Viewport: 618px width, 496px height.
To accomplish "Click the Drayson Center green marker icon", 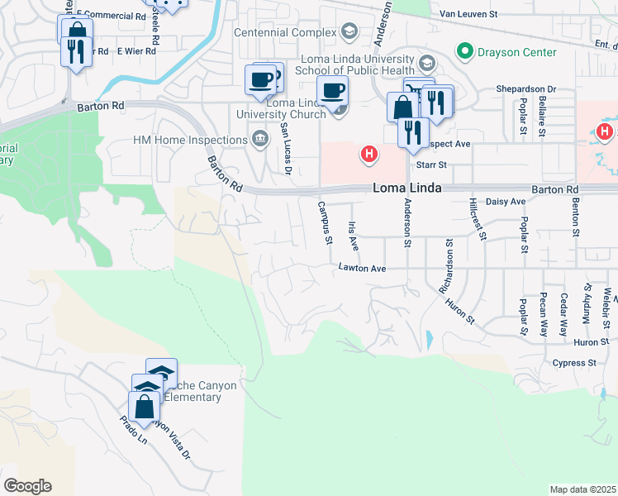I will tap(464, 52).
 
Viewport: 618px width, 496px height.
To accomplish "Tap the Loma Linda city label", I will tap(405, 188).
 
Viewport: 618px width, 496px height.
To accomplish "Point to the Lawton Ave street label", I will tap(362, 268).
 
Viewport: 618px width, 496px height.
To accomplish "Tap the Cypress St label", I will tap(575, 363).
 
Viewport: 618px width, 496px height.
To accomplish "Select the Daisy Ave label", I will tap(506, 202).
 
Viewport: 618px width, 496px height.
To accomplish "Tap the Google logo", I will tap(27, 486).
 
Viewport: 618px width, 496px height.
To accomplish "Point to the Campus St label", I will tap(324, 223).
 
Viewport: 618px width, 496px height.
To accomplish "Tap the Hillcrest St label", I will tap(477, 219).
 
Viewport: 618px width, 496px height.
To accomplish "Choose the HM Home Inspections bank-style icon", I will tap(259, 137).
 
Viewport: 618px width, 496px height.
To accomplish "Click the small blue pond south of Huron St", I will tap(428, 339).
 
